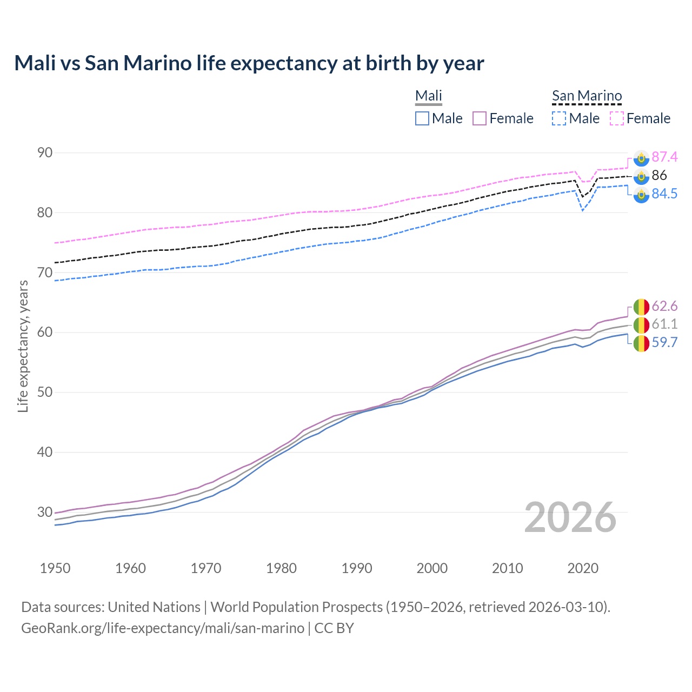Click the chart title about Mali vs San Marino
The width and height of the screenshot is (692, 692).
(249, 63)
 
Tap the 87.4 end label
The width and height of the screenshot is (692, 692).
(664, 157)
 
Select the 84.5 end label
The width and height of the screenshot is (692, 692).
(664, 194)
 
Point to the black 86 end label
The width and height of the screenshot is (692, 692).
(659, 175)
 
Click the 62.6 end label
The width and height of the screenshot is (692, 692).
(664, 306)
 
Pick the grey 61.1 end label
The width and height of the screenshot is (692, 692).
(664, 324)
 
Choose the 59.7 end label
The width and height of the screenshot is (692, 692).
(664, 342)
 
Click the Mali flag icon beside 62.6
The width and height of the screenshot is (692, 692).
(641, 307)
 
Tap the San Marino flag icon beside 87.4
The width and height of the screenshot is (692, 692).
(641, 158)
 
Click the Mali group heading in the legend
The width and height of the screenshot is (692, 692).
(429, 96)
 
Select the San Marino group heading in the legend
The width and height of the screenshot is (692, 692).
(587, 96)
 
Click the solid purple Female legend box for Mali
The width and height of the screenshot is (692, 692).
(480, 118)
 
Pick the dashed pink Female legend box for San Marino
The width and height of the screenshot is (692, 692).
(617, 118)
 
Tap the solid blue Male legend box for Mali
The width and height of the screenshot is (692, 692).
(422, 118)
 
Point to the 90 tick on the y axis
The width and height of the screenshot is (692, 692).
(45, 152)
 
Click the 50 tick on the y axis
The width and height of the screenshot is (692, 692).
(45, 392)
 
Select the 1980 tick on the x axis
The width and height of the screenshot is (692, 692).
(281, 568)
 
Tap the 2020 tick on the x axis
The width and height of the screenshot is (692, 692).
(583, 568)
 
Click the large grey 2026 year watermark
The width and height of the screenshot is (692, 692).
(570, 517)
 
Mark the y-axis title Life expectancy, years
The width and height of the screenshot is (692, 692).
(23, 346)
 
